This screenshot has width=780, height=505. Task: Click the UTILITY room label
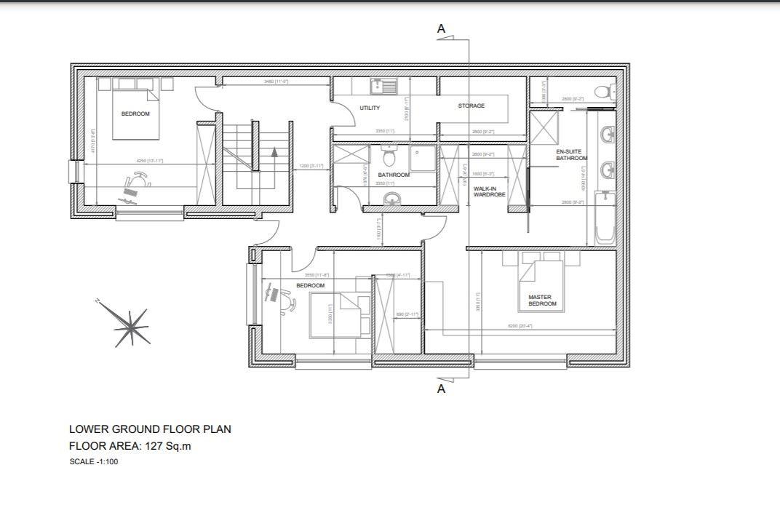370,108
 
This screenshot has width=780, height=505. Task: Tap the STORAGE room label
471,106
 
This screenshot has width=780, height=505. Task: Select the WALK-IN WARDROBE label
489,191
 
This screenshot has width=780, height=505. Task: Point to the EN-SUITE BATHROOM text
571,155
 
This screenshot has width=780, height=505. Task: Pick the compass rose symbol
130,326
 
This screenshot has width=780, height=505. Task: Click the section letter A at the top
441,29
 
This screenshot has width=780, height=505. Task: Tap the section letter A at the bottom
441,389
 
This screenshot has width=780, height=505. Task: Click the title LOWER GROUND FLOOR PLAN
150,429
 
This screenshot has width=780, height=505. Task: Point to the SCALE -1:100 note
94,461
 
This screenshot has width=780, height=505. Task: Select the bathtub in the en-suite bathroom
605,217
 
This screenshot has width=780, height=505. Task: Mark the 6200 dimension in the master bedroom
520,326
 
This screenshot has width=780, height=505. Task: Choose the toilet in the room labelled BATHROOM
389,155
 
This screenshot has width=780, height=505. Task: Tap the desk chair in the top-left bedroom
137,178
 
